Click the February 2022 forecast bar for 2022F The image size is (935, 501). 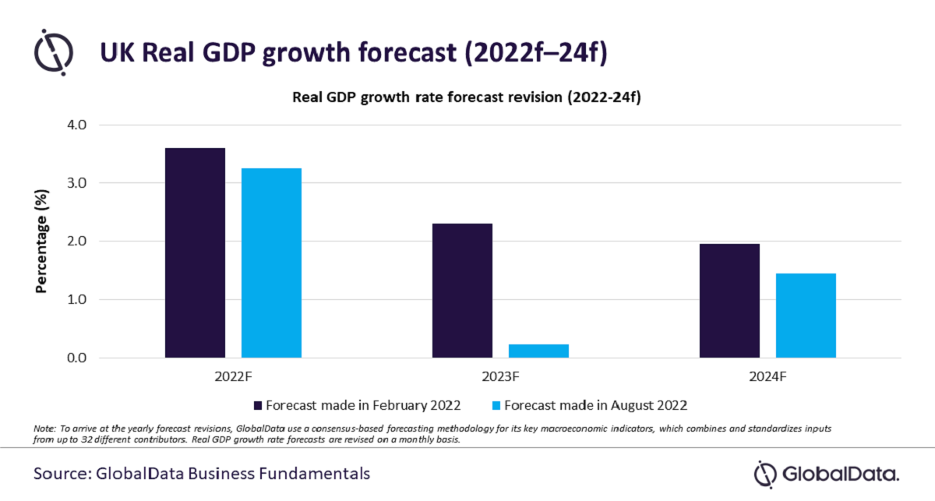[195, 253]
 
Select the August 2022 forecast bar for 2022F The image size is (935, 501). [271, 263]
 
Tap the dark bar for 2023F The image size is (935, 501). [462, 291]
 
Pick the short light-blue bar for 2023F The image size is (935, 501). [538, 351]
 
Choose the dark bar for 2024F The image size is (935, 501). [729, 301]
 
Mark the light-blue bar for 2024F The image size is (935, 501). [806, 316]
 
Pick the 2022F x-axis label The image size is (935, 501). [233, 377]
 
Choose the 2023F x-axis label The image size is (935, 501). [500, 377]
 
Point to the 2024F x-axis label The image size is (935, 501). [767, 377]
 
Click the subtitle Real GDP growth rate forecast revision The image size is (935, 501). [466, 98]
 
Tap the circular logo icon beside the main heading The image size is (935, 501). [54, 51]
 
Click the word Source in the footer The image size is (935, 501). [59, 473]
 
